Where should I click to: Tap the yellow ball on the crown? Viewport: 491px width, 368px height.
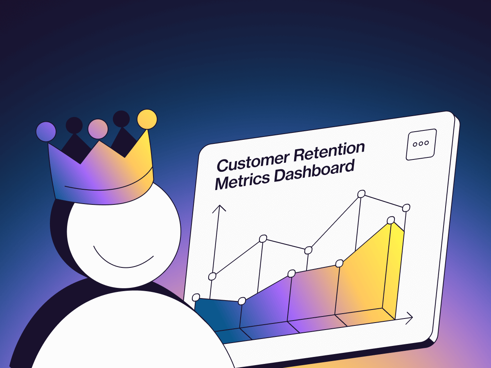[x=147, y=119]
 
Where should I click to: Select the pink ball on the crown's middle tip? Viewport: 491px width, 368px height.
[x=98, y=129]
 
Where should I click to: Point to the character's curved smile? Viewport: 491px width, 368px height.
[x=123, y=259]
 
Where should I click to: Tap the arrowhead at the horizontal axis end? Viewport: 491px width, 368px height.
[x=409, y=317]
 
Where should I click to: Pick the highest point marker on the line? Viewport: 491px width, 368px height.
[x=361, y=194]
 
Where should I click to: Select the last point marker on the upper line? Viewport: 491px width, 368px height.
[x=406, y=208]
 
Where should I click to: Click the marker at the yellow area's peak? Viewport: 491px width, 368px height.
[x=391, y=220]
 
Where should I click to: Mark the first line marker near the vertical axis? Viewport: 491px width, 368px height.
[x=212, y=276]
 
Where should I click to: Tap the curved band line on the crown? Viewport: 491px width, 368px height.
[x=106, y=186]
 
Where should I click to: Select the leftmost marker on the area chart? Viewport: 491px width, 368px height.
[x=196, y=297]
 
